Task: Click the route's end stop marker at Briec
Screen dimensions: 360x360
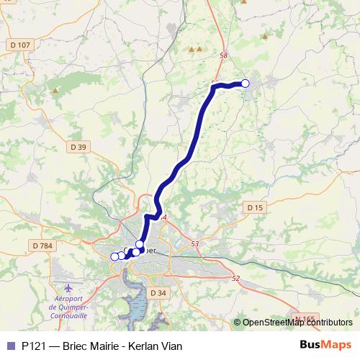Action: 245,84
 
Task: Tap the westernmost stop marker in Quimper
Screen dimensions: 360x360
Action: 114,256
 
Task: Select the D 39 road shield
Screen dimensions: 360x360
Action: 78,147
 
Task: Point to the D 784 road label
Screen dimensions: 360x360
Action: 43,246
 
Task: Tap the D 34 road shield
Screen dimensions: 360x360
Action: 158,292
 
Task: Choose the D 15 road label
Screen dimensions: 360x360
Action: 255,207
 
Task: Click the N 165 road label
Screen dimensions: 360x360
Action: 305,318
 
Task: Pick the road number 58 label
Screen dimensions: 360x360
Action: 223,55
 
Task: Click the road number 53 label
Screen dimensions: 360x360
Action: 194,244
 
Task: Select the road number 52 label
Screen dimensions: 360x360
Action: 235,278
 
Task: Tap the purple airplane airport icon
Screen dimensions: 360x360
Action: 68,289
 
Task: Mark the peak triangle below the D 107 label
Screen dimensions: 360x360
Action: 55,91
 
